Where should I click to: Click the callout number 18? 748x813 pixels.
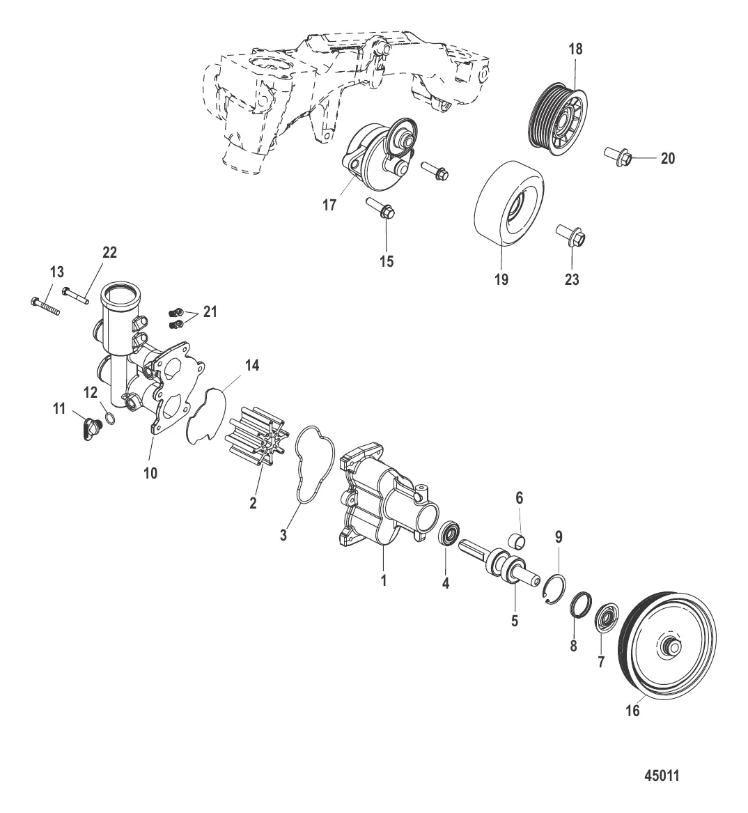point(575,49)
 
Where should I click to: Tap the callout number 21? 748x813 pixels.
point(209,313)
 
